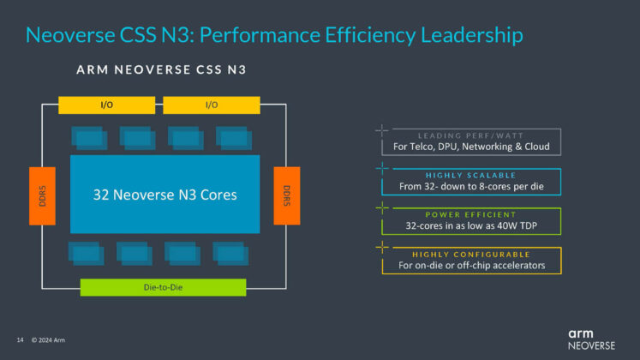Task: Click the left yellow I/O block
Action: point(106,105)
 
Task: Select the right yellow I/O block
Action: point(211,105)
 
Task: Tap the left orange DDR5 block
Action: point(42,195)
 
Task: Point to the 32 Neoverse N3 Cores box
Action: point(164,195)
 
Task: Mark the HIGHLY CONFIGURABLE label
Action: point(470,254)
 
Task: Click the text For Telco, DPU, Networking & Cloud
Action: point(470,147)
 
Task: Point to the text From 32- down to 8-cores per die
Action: point(470,186)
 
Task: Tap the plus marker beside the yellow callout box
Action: point(381,248)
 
